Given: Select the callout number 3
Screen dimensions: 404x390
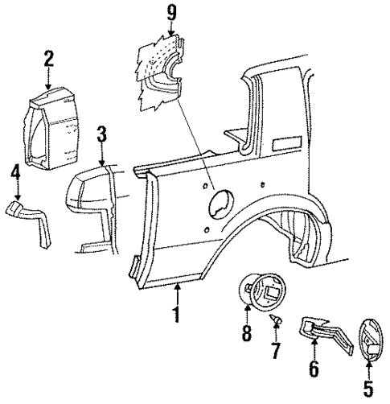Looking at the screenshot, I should pyautogui.click(x=102, y=133).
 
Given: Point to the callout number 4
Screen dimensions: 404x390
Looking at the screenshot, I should pyautogui.click(x=15, y=171).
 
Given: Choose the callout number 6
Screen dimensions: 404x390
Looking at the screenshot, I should pyautogui.click(x=314, y=369).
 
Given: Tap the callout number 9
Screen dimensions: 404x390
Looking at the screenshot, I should pyautogui.click(x=170, y=14).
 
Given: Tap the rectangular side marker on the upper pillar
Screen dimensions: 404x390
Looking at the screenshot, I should pyautogui.click(x=286, y=146).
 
